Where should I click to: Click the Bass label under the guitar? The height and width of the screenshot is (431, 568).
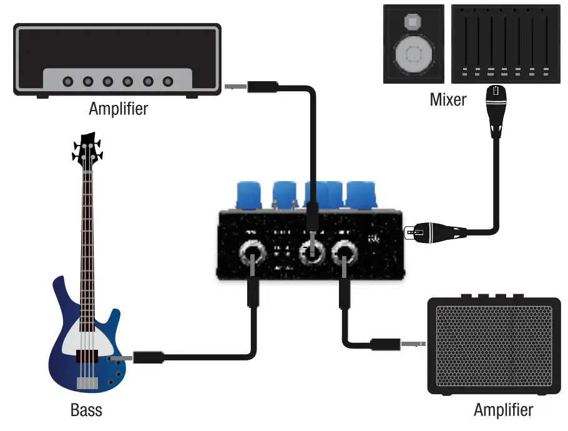86,410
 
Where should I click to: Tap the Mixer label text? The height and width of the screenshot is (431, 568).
448,99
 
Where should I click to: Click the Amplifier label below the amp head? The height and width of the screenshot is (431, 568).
118,108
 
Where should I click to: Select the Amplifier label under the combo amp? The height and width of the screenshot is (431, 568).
503,410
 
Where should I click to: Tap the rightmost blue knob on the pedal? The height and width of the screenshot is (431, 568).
360,194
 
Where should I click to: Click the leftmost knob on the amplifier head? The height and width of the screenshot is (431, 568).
68,81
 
